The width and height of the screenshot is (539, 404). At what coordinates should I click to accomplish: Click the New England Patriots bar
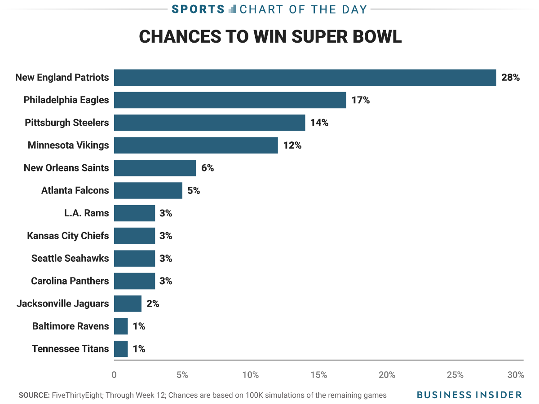click(305, 77)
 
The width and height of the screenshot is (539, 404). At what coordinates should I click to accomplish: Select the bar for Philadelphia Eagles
click(230, 100)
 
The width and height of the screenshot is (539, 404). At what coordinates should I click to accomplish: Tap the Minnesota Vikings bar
click(196, 145)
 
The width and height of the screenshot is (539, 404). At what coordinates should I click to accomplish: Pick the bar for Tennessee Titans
click(121, 349)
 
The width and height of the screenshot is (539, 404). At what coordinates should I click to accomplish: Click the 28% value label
click(510, 78)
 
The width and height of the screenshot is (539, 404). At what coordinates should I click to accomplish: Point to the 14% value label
click(319, 123)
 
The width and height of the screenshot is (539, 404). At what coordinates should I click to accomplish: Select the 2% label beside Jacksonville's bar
click(153, 304)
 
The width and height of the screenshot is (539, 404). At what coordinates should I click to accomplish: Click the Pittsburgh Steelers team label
click(67, 123)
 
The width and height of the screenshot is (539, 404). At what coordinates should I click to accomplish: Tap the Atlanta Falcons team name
click(75, 190)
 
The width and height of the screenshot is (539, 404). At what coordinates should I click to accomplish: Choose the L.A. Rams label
click(87, 213)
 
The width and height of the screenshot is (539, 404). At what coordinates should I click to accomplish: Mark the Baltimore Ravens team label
click(71, 326)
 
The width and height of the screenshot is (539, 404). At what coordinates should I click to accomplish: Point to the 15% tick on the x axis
click(318, 375)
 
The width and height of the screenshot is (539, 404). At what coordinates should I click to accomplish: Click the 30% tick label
click(516, 375)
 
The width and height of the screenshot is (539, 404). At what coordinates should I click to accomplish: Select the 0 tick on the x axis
click(114, 375)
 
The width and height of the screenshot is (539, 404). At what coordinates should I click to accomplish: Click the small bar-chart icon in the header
click(232, 9)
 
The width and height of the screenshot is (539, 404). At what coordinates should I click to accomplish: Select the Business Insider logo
click(469, 395)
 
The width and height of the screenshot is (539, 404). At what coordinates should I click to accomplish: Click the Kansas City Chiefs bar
click(134, 236)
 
